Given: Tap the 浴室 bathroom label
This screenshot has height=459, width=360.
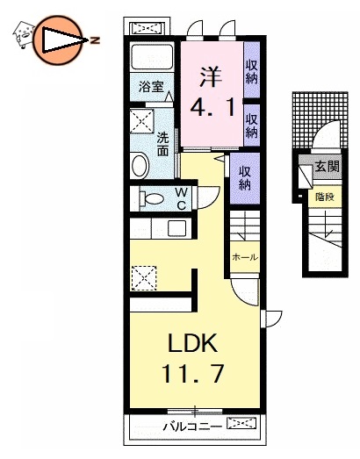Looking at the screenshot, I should [x=152, y=86].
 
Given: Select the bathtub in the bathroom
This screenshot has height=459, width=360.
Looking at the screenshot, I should [x=154, y=59].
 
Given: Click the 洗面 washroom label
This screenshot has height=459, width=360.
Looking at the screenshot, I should [x=163, y=144].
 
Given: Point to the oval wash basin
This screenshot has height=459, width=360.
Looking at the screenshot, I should [x=140, y=166].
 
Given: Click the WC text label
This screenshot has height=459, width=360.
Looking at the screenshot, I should [x=179, y=198].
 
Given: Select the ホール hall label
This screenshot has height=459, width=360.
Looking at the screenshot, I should [x=244, y=257].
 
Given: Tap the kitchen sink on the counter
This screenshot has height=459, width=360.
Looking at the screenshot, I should [x=176, y=228].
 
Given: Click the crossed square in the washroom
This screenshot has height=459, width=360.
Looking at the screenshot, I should [x=141, y=120].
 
